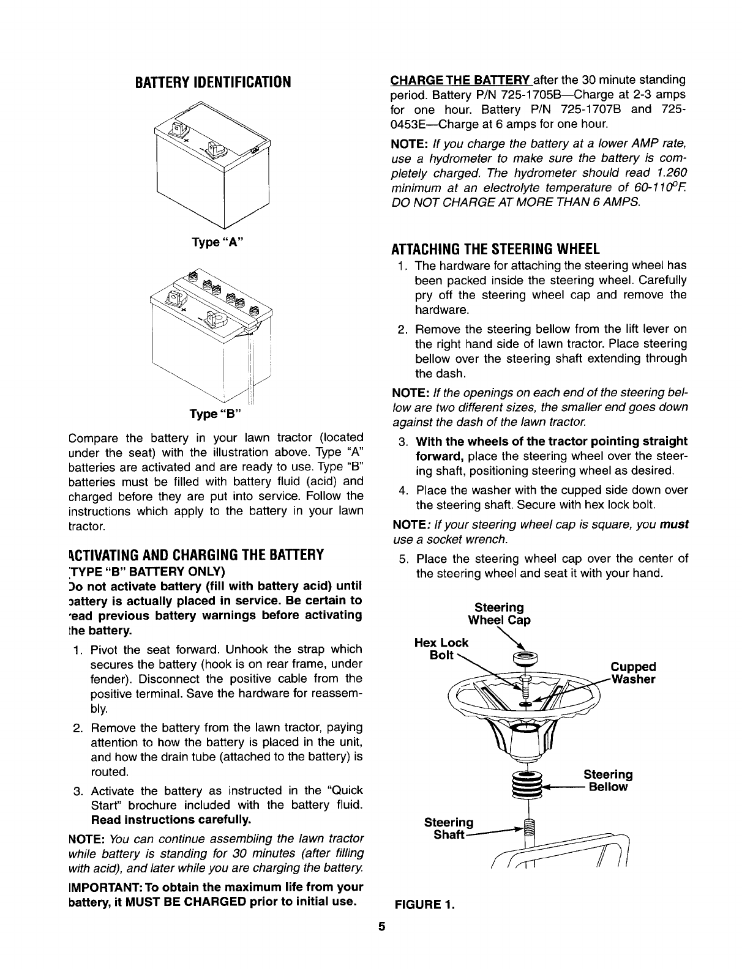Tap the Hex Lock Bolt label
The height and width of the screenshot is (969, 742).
pos(441,648)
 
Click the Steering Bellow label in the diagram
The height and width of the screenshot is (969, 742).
pos(607,781)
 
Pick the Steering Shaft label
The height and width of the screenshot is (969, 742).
pos(448,828)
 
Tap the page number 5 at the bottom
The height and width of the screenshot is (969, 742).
pos(380,944)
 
